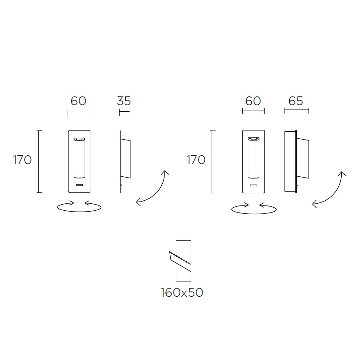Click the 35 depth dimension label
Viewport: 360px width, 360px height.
(124, 101)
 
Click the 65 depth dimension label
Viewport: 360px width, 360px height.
(296, 101)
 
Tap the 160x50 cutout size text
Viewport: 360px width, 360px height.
(182, 292)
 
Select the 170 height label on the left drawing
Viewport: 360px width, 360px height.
(22, 160)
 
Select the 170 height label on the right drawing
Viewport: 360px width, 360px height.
(196, 160)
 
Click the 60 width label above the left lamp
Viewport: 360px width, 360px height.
(78, 101)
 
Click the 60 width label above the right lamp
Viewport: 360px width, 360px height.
(253, 101)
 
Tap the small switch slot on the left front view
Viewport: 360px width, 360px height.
(79, 185)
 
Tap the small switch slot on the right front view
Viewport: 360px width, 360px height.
(254, 185)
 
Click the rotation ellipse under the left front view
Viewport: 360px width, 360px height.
(79, 211)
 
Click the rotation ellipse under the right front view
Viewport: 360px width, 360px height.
(254, 213)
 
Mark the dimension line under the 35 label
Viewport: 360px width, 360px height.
(124, 113)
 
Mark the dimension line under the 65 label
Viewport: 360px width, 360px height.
(297, 110)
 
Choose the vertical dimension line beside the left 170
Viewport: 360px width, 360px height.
(39, 161)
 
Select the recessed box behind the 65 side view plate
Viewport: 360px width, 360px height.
(290, 161)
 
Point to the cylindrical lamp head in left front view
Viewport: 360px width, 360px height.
(79, 158)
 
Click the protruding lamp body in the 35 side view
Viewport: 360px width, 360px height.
(126, 158)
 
